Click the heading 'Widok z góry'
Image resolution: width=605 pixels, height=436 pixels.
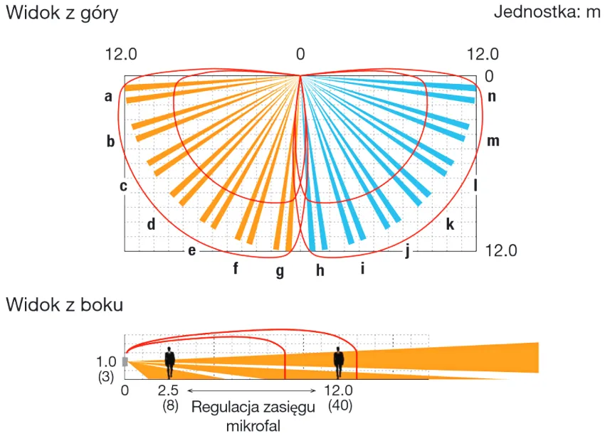click(62, 14)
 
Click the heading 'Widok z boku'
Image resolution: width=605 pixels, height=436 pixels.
click(65, 304)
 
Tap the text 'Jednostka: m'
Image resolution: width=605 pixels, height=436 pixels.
click(547, 12)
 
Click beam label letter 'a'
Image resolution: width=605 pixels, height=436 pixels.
click(108, 96)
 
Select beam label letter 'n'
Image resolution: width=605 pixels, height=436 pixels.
click(492, 96)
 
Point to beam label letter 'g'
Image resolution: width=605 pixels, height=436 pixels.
click(280, 271)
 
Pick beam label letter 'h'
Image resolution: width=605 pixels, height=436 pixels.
click(320, 270)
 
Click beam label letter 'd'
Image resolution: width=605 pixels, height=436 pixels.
click(151, 223)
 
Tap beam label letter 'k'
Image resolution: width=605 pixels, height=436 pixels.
click(450, 223)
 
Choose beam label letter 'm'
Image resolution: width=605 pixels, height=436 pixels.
click(493, 141)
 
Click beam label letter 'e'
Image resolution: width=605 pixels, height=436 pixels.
click(191, 251)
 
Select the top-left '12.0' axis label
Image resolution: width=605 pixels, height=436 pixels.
click(121, 54)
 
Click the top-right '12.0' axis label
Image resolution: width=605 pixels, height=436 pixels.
click(483, 54)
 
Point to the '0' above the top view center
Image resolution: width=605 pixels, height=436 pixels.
click(300, 54)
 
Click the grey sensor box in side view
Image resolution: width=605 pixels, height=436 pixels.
click(125, 361)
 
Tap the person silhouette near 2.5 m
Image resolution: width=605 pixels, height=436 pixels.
click(170, 362)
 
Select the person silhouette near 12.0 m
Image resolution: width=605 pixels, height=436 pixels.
click(339, 362)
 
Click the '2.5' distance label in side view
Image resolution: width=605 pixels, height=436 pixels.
click(168, 390)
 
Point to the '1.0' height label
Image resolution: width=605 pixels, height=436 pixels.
click(106, 361)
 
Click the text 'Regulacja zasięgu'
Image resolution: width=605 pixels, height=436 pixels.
click(253, 408)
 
